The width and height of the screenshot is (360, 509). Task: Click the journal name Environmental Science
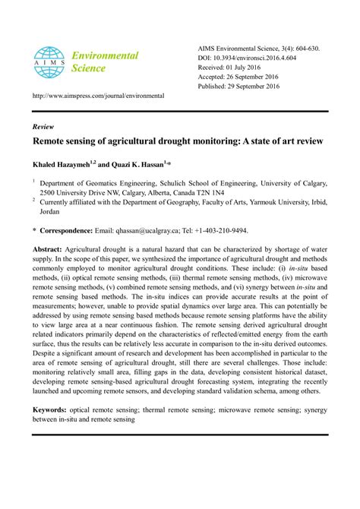point(105,62)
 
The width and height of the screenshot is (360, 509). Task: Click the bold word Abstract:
point(52,249)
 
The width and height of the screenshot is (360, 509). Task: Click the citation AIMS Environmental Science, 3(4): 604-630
point(257,48)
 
